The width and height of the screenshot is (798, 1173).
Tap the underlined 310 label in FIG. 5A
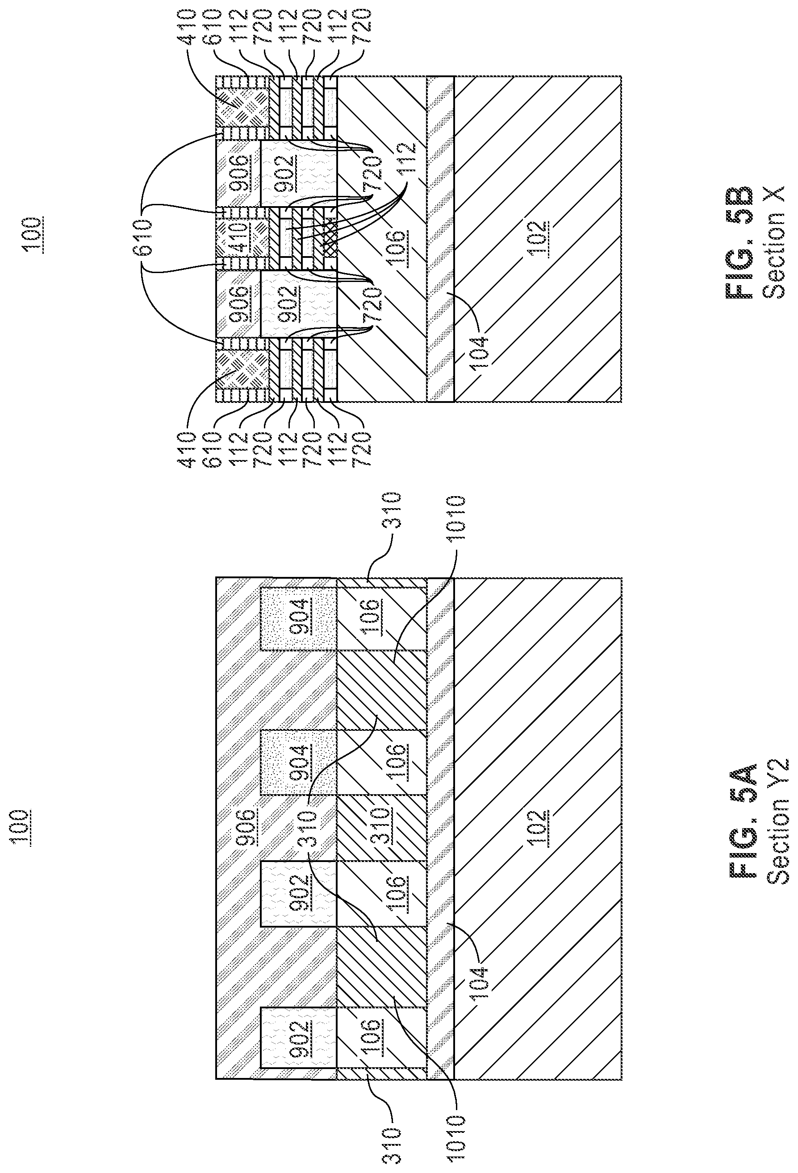393,827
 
